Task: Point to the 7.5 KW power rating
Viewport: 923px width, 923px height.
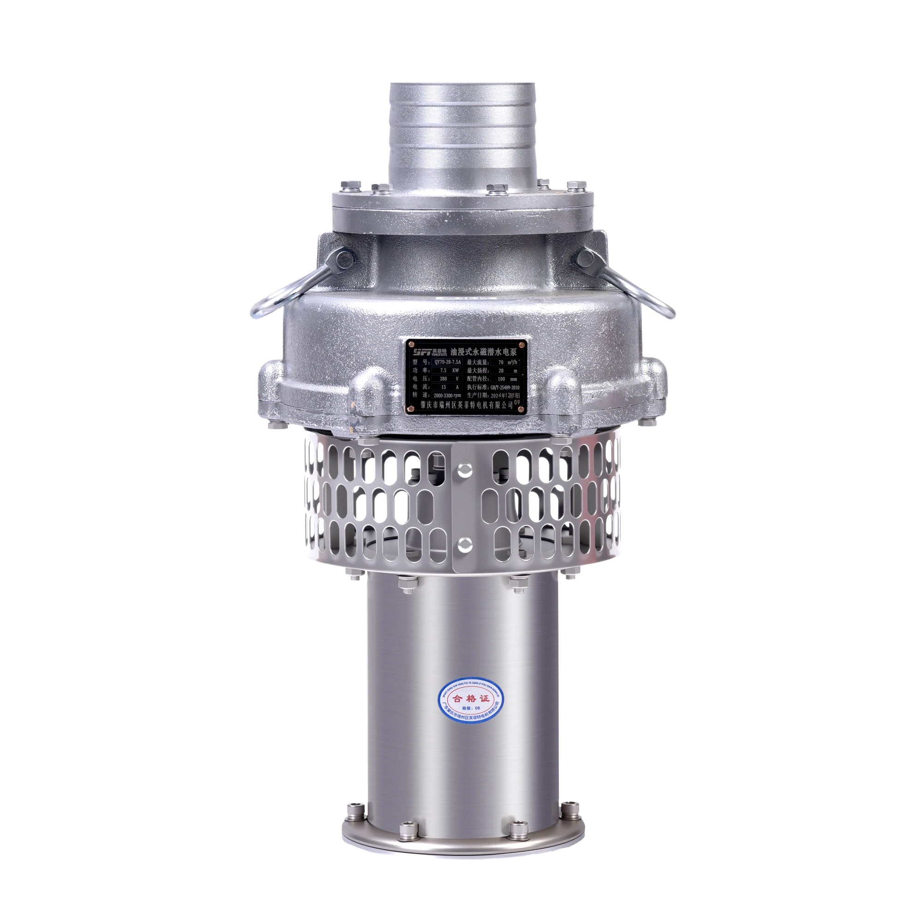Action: [445, 370]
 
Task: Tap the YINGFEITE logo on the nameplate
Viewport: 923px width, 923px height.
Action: [430, 352]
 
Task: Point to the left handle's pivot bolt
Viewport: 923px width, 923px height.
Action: [344, 261]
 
